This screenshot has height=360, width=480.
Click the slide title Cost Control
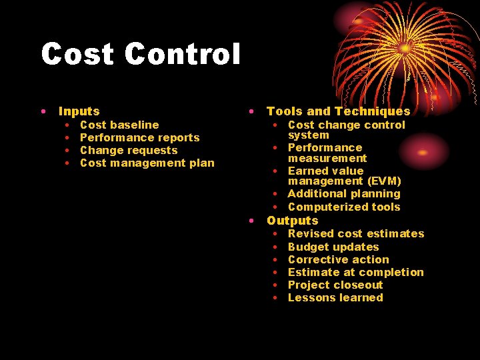(x=140, y=55)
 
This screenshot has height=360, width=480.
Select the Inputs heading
(x=79, y=111)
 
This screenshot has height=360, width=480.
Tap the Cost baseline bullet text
(x=119, y=125)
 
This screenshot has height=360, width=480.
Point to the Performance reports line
(x=139, y=137)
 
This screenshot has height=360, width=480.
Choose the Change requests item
(x=129, y=150)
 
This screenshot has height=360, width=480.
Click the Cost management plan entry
(x=147, y=163)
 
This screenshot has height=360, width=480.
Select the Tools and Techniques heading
(x=338, y=111)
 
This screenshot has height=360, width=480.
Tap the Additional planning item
(x=344, y=193)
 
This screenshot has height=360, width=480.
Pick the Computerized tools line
(x=344, y=207)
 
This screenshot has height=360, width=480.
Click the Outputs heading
(x=293, y=221)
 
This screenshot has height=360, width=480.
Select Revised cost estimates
(x=356, y=233)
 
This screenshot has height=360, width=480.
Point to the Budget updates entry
(x=333, y=247)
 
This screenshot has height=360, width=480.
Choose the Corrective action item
(x=338, y=259)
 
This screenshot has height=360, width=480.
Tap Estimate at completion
(x=355, y=272)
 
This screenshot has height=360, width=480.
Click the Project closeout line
(x=335, y=285)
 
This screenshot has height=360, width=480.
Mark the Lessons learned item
(x=335, y=297)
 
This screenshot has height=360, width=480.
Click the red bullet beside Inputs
(x=42, y=111)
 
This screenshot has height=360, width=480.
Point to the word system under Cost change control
(x=308, y=135)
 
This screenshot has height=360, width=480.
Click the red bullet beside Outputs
(x=251, y=220)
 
